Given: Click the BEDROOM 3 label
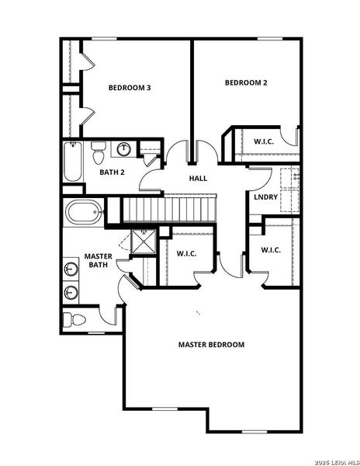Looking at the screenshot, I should (129, 88).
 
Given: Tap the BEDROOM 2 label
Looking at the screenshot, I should (246, 83).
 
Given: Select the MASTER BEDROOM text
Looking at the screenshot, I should (211, 344).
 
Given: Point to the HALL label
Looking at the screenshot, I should (198, 179).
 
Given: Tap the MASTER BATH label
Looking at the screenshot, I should (99, 260).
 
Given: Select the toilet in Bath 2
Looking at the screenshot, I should (99, 150).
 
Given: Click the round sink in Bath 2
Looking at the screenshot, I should (124, 149).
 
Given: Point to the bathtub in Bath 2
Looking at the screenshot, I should (72, 162).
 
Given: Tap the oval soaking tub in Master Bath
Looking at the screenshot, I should (84, 212).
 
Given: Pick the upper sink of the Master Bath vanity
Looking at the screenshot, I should (71, 270).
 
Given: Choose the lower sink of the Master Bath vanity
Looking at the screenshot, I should (71, 293).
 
